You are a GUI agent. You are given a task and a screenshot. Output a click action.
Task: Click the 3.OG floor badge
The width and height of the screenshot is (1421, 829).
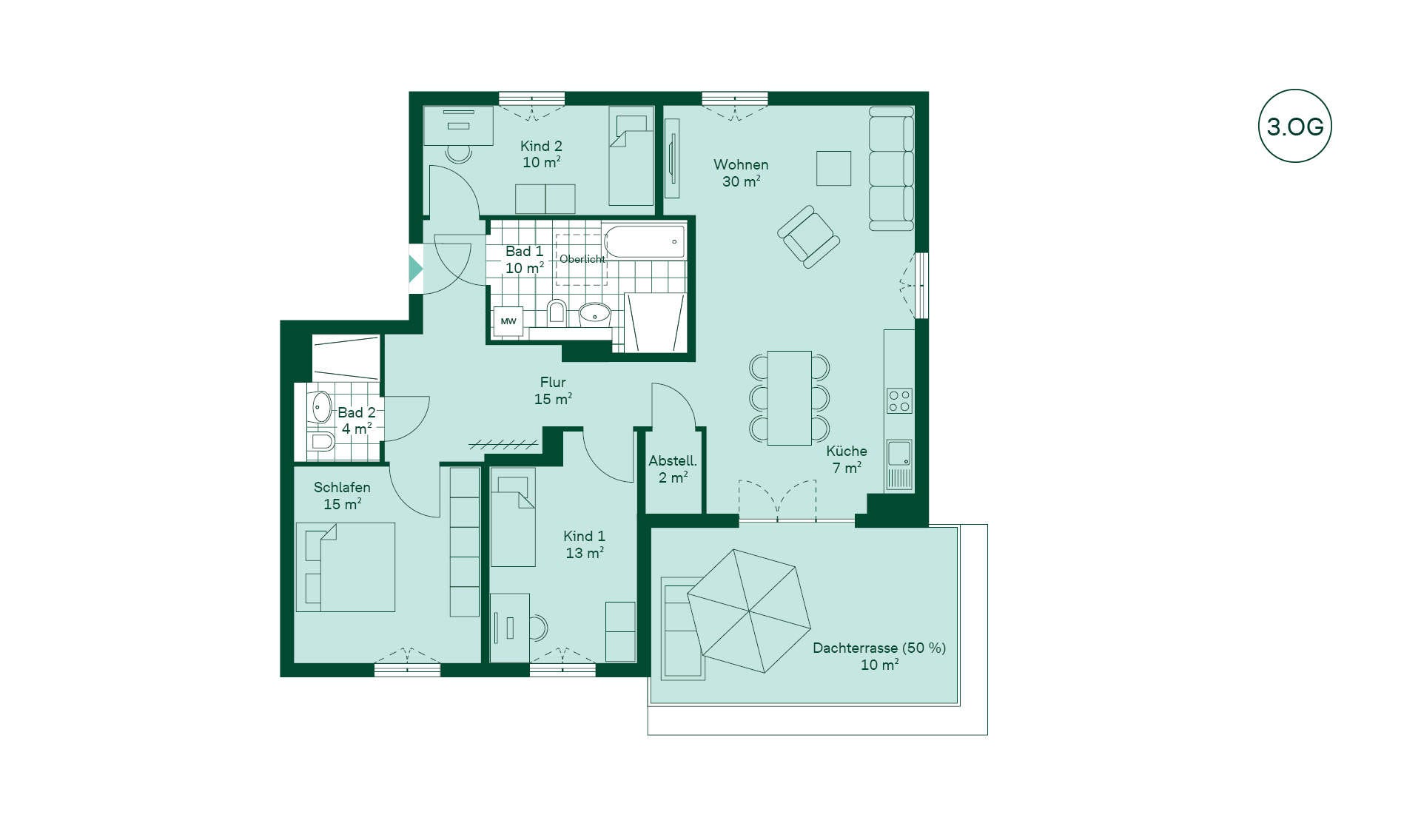click(x=1294, y=126)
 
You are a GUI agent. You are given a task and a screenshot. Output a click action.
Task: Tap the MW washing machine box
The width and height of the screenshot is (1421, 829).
click(x=508, y=321)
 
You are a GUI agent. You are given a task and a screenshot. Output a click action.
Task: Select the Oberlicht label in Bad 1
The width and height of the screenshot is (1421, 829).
click(x=582, y=259)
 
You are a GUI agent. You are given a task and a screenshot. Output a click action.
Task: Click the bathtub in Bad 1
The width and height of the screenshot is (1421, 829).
click(x=645, y=241)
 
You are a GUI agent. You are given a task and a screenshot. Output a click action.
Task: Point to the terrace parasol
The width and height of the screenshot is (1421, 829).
click(x=749, y=611)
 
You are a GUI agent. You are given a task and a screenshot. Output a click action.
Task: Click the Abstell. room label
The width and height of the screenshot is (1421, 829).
click(x=673, y=461)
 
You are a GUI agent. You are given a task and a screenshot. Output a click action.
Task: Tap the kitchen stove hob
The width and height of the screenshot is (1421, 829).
click(x=899, y=400)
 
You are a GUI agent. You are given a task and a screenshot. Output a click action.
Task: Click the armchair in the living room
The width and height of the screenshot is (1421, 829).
click(x=808, y=237)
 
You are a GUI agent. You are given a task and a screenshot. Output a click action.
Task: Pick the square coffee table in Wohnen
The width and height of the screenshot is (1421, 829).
click(x=833, y=168)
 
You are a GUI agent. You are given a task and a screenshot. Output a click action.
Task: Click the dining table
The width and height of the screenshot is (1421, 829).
click(x=789, y=398)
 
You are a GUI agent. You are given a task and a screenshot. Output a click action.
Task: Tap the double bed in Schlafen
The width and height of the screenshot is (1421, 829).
click(x=345, y=567)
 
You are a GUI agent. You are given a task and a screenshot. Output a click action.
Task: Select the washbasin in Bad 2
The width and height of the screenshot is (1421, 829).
click(x=320, y=406)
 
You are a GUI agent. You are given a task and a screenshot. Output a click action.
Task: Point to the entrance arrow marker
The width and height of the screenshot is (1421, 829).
click(x=416, y=269)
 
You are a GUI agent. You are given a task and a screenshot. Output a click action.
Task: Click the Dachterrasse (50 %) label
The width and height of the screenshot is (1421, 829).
click(x=879, y=648)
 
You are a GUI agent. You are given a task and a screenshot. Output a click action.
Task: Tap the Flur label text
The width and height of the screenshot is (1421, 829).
click(x=553, y=383)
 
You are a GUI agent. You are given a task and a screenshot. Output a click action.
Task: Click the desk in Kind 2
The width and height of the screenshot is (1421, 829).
click(x=458, y=126)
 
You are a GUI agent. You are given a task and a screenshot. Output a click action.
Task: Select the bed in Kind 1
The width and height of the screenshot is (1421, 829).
click(x=512, y=517)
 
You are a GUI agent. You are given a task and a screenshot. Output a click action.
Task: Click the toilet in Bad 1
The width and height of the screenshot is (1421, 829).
click(x=557, y=312)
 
